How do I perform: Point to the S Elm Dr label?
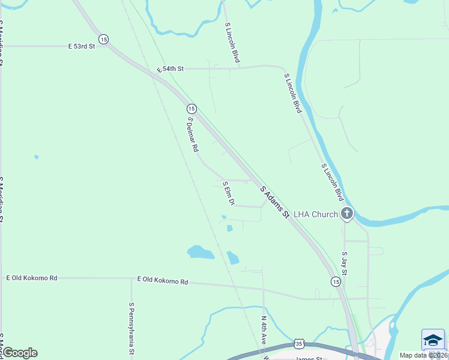pyautogui.click(x=228, y=191)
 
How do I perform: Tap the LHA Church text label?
pyautogui.click(x=316, y=214)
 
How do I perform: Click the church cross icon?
pyautogui.click(x=346, y=214)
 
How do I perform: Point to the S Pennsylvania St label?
pyautogui.click(x=131, y=328)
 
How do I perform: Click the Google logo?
pyautogui.click(x=20, y=353)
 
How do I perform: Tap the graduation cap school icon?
pyautogui.click(x=433, y=340)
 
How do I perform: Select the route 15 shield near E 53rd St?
pyautogui.click(x=104, y=39)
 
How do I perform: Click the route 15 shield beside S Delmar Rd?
pyautogui.click(x=191, y=109)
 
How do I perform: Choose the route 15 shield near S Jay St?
pyautogui.click(x=336, y=281)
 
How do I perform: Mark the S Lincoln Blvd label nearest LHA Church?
pyautogui.click(x=332, y=182)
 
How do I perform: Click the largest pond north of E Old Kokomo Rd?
pyautogui.click(x=200, y=252)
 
